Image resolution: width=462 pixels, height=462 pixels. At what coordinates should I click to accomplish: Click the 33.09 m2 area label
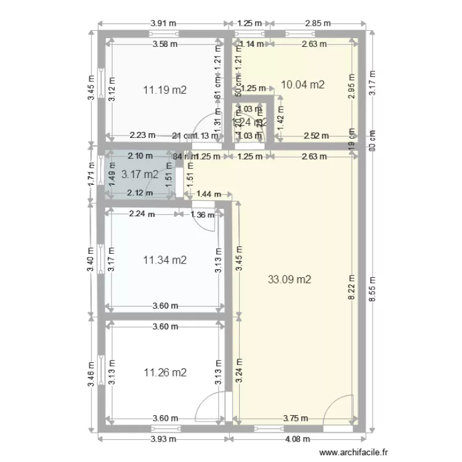coord(290,279)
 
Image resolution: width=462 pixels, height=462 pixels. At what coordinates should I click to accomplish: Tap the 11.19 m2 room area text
coord(164,90)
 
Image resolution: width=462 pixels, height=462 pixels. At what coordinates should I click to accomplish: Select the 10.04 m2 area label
coord(302,84)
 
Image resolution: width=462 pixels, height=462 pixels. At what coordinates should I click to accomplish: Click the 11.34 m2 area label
coord(164,260)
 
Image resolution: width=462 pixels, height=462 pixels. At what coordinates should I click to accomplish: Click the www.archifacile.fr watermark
coord(354,451)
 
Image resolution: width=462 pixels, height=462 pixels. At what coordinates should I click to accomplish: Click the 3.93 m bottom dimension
coord(164,439)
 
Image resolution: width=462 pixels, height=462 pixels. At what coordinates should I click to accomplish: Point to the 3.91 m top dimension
coord(163,23)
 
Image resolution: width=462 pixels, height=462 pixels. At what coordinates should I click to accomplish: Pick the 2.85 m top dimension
coord(318,23)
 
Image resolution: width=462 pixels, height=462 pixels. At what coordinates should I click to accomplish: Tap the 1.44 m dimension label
coord(208,194)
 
